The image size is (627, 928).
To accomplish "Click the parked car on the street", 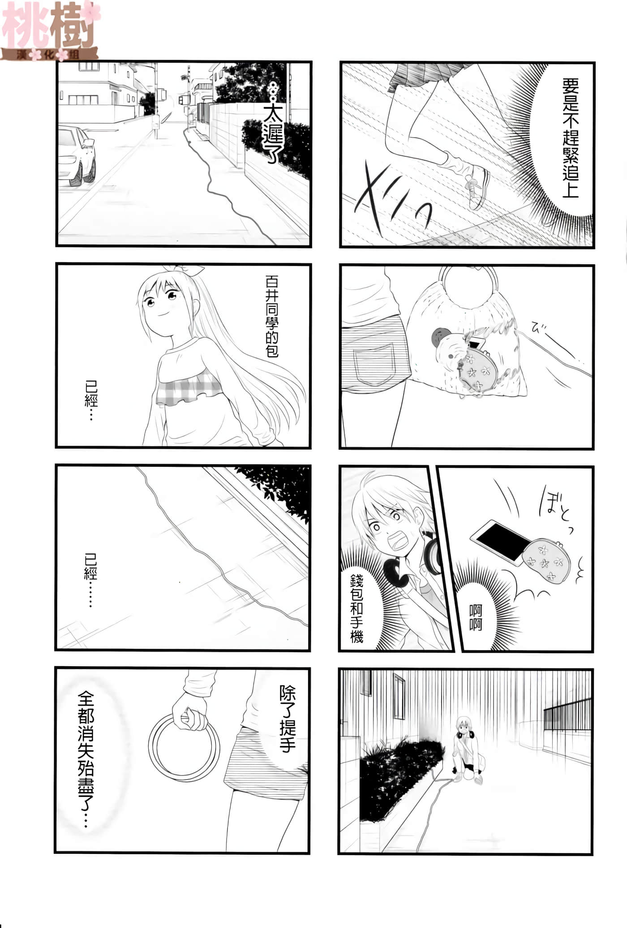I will coord(76,156).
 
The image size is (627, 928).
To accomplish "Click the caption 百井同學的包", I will coord(272,317).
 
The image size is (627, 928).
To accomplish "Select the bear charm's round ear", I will coord(439,336).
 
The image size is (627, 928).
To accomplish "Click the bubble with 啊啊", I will coord(475,617).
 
